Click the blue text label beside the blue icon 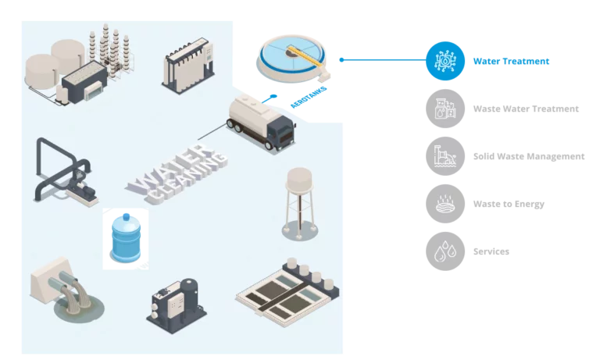click(510, 61)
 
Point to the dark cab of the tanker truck click(282, 134)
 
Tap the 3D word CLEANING click(187, 180)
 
